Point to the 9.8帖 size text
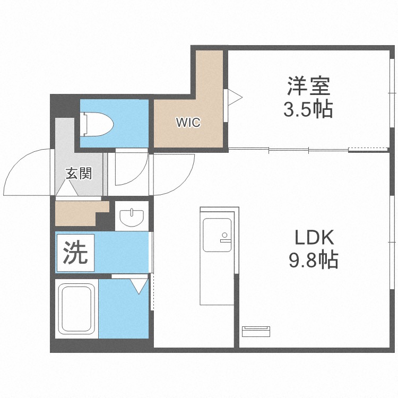313,261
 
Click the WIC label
188,123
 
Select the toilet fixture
97,124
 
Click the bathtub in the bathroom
76,309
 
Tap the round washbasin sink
131,217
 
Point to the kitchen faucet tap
225,237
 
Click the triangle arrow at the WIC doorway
234,98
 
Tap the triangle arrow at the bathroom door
139,287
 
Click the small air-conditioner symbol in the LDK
257,331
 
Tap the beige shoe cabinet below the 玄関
80,212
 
